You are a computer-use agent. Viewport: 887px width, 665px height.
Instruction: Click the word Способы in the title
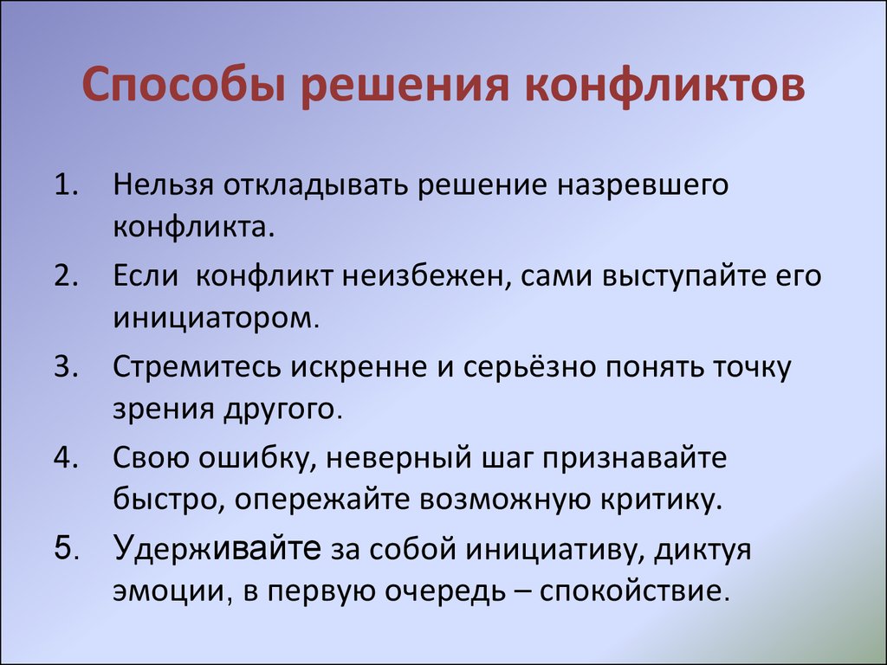[x=183, y=86]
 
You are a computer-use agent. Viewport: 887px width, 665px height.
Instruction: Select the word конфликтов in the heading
[x=664, y=86]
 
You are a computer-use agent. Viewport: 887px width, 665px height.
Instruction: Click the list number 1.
[x=66, y=184]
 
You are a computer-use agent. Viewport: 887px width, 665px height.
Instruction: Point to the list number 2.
[x=66, y=275]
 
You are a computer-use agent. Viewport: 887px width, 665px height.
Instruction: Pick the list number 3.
[x=66, y=366]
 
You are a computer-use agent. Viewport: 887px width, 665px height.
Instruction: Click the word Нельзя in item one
[x=163, y=185]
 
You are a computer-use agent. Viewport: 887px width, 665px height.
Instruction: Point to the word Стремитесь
[x=197, y=367]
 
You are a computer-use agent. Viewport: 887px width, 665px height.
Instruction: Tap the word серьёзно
[x=529, y=367]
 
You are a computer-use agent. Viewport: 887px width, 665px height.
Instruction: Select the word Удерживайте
[x=217, y=548]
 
